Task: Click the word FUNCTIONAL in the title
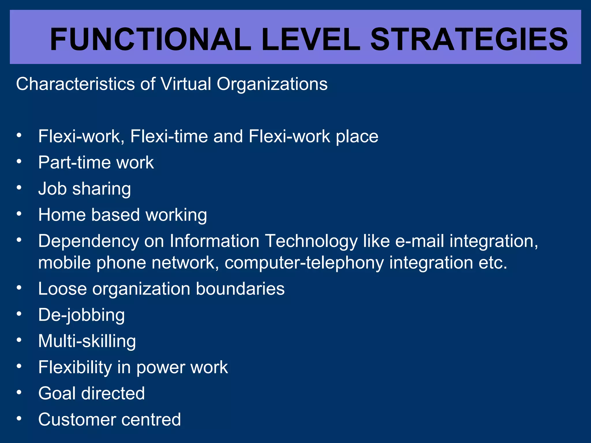[x=150, y=39]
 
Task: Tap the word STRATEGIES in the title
[x=469, y=39]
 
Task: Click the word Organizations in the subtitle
[x=272, y=84]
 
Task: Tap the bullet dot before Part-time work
[x=19, y=162]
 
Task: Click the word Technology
[x=311, y=241]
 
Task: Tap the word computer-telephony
[x=304, y=263]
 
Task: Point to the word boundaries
[x=240, y=289]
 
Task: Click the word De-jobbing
[x=82, y=315]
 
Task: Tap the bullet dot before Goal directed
[x=19, y=393]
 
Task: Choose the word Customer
[x=73, y=419]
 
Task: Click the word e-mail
[x=419, y=241]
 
